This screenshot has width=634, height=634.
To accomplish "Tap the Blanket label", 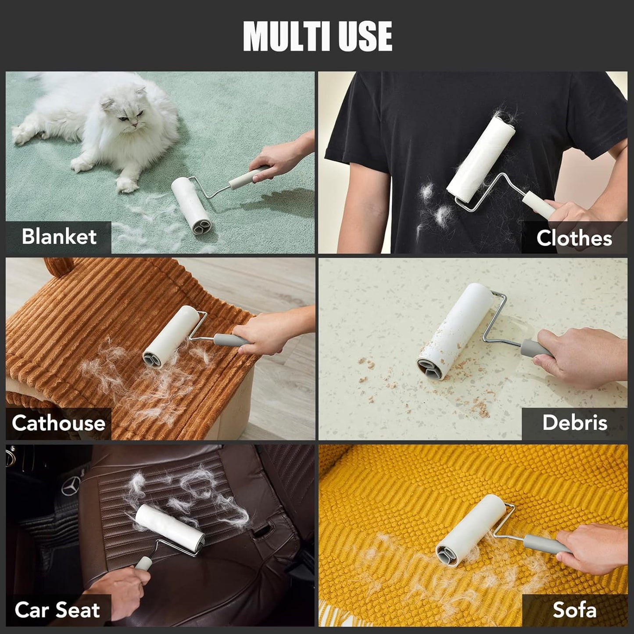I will [x=59, y=236].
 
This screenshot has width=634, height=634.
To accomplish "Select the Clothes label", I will [x=574, y=238].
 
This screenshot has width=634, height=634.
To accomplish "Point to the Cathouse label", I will [x=58, y=423].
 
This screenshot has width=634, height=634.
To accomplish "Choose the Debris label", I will [x=575, y=423].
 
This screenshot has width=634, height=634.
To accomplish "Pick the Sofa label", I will [x=574, y=610].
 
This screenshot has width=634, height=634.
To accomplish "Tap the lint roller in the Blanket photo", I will [x=190, y=204].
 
